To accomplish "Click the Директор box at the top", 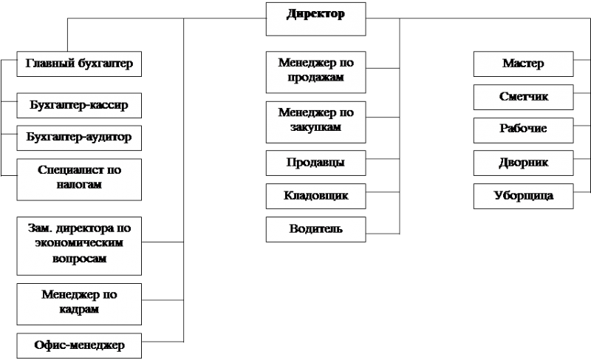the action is coord(316,19).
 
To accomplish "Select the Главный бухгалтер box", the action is coord(79,64).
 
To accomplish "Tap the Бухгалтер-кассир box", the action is coord(79,106).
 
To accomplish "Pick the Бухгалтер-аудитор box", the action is coord(79,138).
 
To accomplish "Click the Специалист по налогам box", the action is coord(79,180).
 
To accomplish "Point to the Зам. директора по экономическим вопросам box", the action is coord(79,245).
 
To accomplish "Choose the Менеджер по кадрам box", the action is coord(79,305).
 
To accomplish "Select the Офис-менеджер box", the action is coord(79,346).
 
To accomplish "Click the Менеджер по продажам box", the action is coord(316,72).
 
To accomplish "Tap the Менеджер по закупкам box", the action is coord(316,122).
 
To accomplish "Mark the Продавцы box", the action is coord(316,163).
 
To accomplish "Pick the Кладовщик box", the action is coord(316,196).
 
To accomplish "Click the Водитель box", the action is coord(316,229).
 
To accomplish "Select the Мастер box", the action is coord(524,64).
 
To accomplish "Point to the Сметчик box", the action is coord(524,98).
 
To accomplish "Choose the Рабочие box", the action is coord(524,130).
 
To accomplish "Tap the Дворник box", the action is coord(524,163).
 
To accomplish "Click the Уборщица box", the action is coord(524,196).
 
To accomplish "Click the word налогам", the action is coord(79,185).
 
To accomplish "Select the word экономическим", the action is coord(79,242).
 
